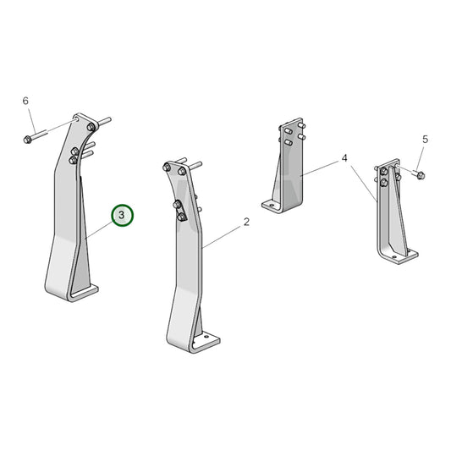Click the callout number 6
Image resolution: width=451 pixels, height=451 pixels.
[25, 101]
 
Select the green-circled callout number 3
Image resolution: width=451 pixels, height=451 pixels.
[122, 216]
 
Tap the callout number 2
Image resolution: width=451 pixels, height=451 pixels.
[246, 223]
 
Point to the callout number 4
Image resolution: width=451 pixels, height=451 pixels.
[344, 158]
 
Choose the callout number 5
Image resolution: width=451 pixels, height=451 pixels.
[425, 139]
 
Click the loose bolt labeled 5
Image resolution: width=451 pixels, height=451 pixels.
[419, 174]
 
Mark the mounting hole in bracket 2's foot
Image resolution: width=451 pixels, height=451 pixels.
[203, 342]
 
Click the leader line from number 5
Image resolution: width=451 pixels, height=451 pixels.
[422, 157]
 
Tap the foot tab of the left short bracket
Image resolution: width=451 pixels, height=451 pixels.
[272, 205]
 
